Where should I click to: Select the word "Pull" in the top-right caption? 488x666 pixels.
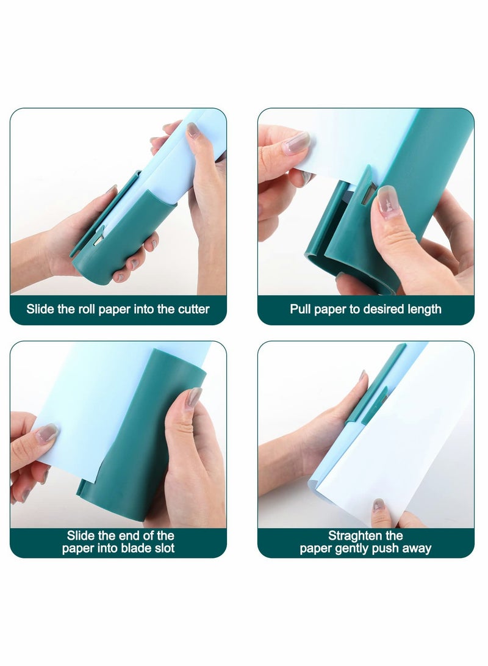click(x=301, y=309)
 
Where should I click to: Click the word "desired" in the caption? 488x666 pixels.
click(x=384, y=309)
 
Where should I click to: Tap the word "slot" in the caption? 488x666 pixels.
click(x=164, y=548)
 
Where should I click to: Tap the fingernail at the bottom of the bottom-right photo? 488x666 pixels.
click(x=379, y=505)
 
